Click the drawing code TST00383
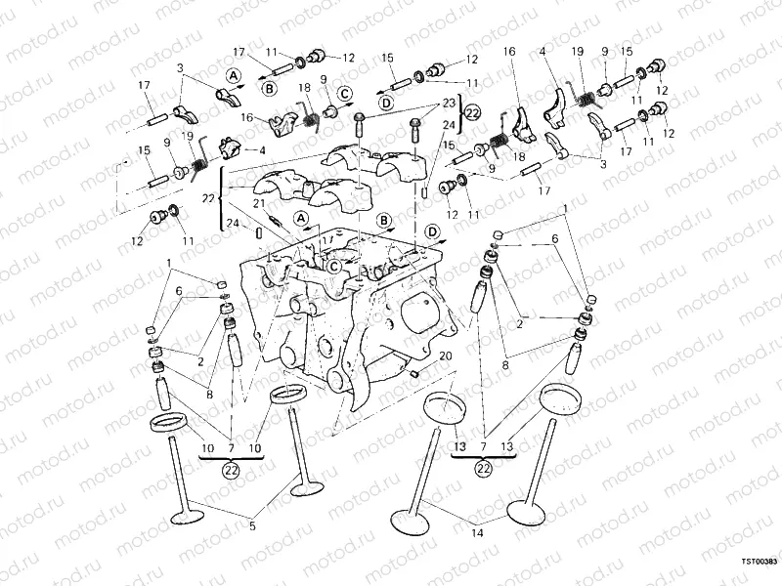(759, 562)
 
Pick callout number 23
(449, 103)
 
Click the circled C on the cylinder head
(334, 266)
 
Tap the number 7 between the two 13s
(483, 446)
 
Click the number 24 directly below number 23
(449, 124)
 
